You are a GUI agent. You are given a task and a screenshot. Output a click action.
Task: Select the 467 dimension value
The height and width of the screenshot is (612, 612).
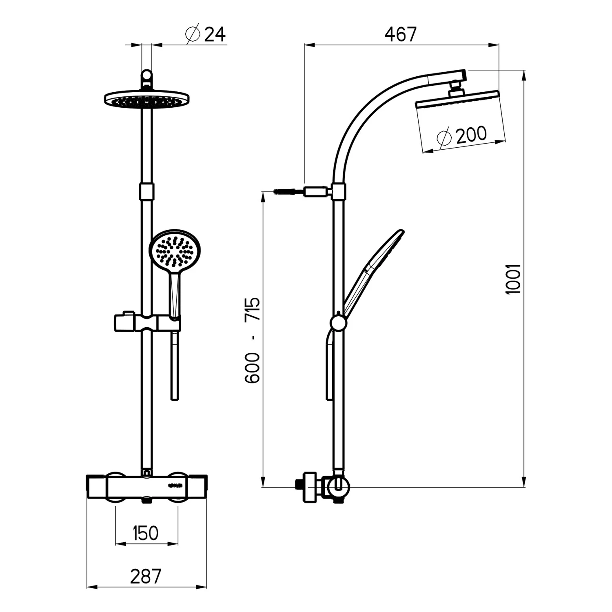pyautogui.click(x=401, y=34)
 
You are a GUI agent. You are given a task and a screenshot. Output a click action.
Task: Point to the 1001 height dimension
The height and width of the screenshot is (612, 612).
pyautogui.click(x=513, y=279)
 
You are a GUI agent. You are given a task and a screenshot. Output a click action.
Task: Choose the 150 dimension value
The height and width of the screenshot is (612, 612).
pyautogui.click(x=146, y=533)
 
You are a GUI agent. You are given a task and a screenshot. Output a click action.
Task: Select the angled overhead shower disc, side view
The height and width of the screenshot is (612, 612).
pyautogui.click(x=457, y=100)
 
